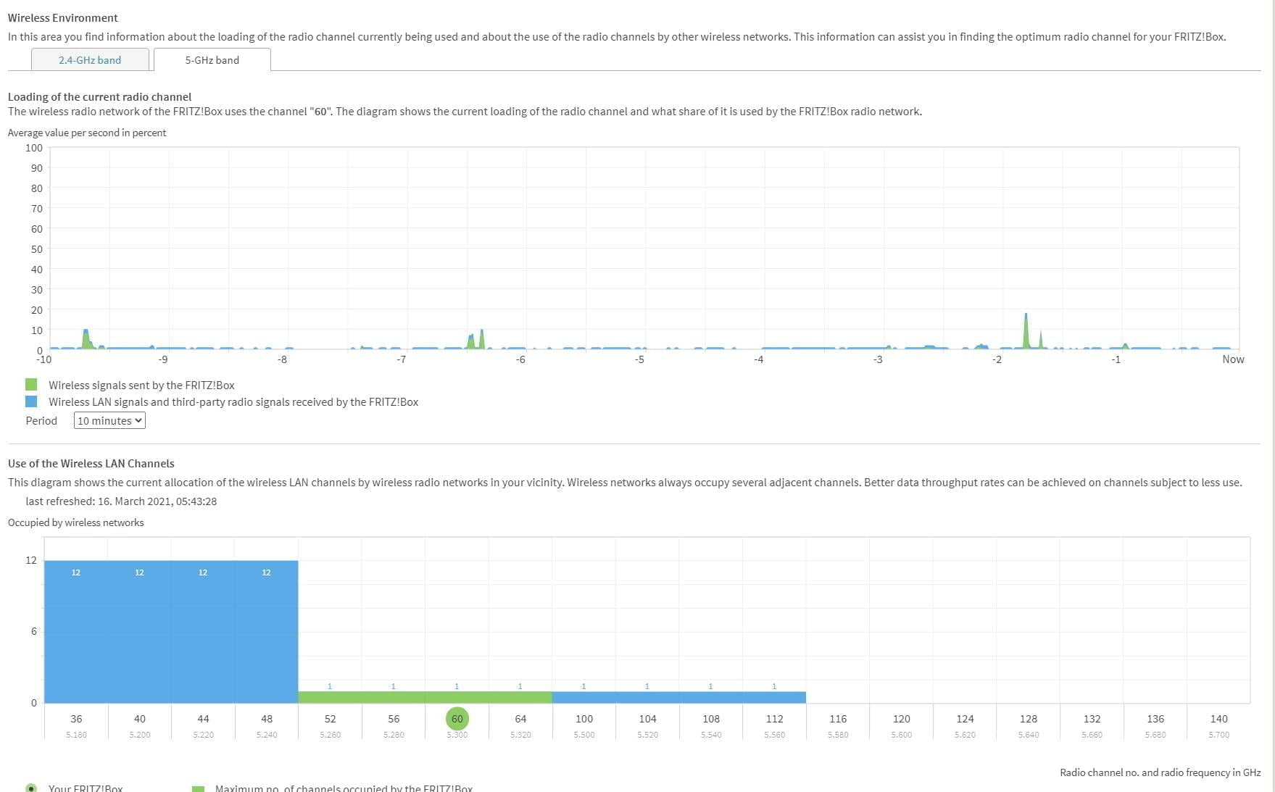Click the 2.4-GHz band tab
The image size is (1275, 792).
click(90, 60)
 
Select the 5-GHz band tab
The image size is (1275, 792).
click(212, 60)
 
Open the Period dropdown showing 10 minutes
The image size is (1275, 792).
click(109, 421)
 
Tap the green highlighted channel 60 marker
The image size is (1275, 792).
click(457, 719)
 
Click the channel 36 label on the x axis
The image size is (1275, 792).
click(76, 719)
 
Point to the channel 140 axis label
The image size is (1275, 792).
click(1218, 719)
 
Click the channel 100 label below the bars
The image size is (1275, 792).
click(583, 719)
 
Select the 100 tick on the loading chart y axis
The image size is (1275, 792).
click(34, 148)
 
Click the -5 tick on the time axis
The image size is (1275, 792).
click(639, 359)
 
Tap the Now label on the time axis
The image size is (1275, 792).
click(1232, 359)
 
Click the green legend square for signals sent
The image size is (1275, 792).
click(31, 385)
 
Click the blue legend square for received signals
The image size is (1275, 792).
click(31, 401)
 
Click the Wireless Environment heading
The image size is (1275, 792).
click(63, 17)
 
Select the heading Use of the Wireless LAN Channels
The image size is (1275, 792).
click(91, 464)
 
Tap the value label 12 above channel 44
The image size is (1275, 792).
click(203, 572)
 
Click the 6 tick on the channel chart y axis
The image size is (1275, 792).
click(33, 631)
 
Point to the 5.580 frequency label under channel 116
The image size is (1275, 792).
click(838, 735)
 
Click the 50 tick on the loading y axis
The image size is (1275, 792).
click(36, 249)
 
